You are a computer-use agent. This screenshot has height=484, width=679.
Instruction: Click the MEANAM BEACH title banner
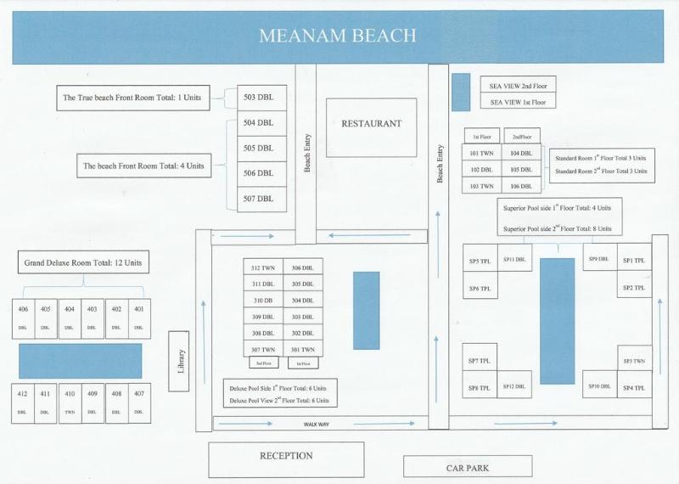coord(339,37)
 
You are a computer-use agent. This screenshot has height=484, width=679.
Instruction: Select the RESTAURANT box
coord(371,124)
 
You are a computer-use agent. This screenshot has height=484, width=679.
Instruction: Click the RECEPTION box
coord(286,457)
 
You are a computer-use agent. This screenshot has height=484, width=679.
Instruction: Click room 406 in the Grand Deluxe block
coord(23,318)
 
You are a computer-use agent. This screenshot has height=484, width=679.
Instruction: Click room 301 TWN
coord(302,349)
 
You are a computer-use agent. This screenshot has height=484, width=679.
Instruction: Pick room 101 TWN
coord(482,154)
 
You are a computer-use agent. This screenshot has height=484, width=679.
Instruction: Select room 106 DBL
coord(521,185)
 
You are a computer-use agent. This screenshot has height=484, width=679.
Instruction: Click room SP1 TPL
coord(634,261)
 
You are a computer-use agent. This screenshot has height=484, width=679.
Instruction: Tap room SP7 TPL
coord(480,360)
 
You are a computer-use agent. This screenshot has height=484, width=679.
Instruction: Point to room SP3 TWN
coord(634,361)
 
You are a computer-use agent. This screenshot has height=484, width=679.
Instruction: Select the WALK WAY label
coord(317,423)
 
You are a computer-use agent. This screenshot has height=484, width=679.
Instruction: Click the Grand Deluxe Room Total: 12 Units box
coord(81,263)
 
